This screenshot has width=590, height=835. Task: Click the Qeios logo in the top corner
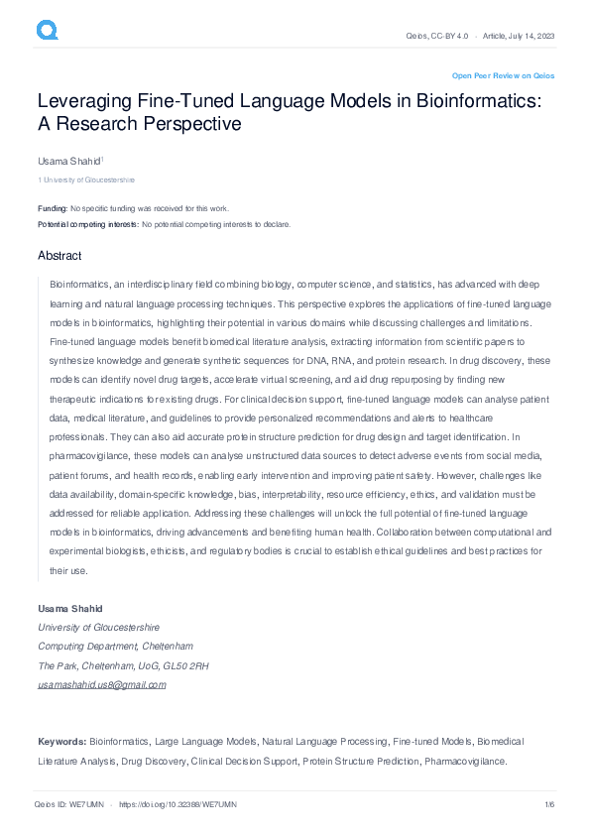coord(48,31)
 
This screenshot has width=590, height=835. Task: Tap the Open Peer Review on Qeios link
coord(503,75)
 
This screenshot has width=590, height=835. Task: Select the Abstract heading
coord(59,256)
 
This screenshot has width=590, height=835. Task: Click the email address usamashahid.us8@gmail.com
coord(102,685)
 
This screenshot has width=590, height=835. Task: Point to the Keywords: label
coord(62,741)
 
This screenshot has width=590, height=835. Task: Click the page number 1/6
coord(549,803)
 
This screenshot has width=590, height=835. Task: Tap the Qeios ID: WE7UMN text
coord(69,803)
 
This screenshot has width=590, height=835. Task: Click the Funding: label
coord(53,208)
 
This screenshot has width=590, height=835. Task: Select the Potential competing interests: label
coord(88,224)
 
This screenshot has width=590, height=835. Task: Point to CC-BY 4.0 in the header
coord(450,36)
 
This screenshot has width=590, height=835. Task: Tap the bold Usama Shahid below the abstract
coord(69,607)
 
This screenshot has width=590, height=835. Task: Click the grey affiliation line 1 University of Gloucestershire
coord(86,180)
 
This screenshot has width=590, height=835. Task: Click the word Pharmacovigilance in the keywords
coord(465,761)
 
